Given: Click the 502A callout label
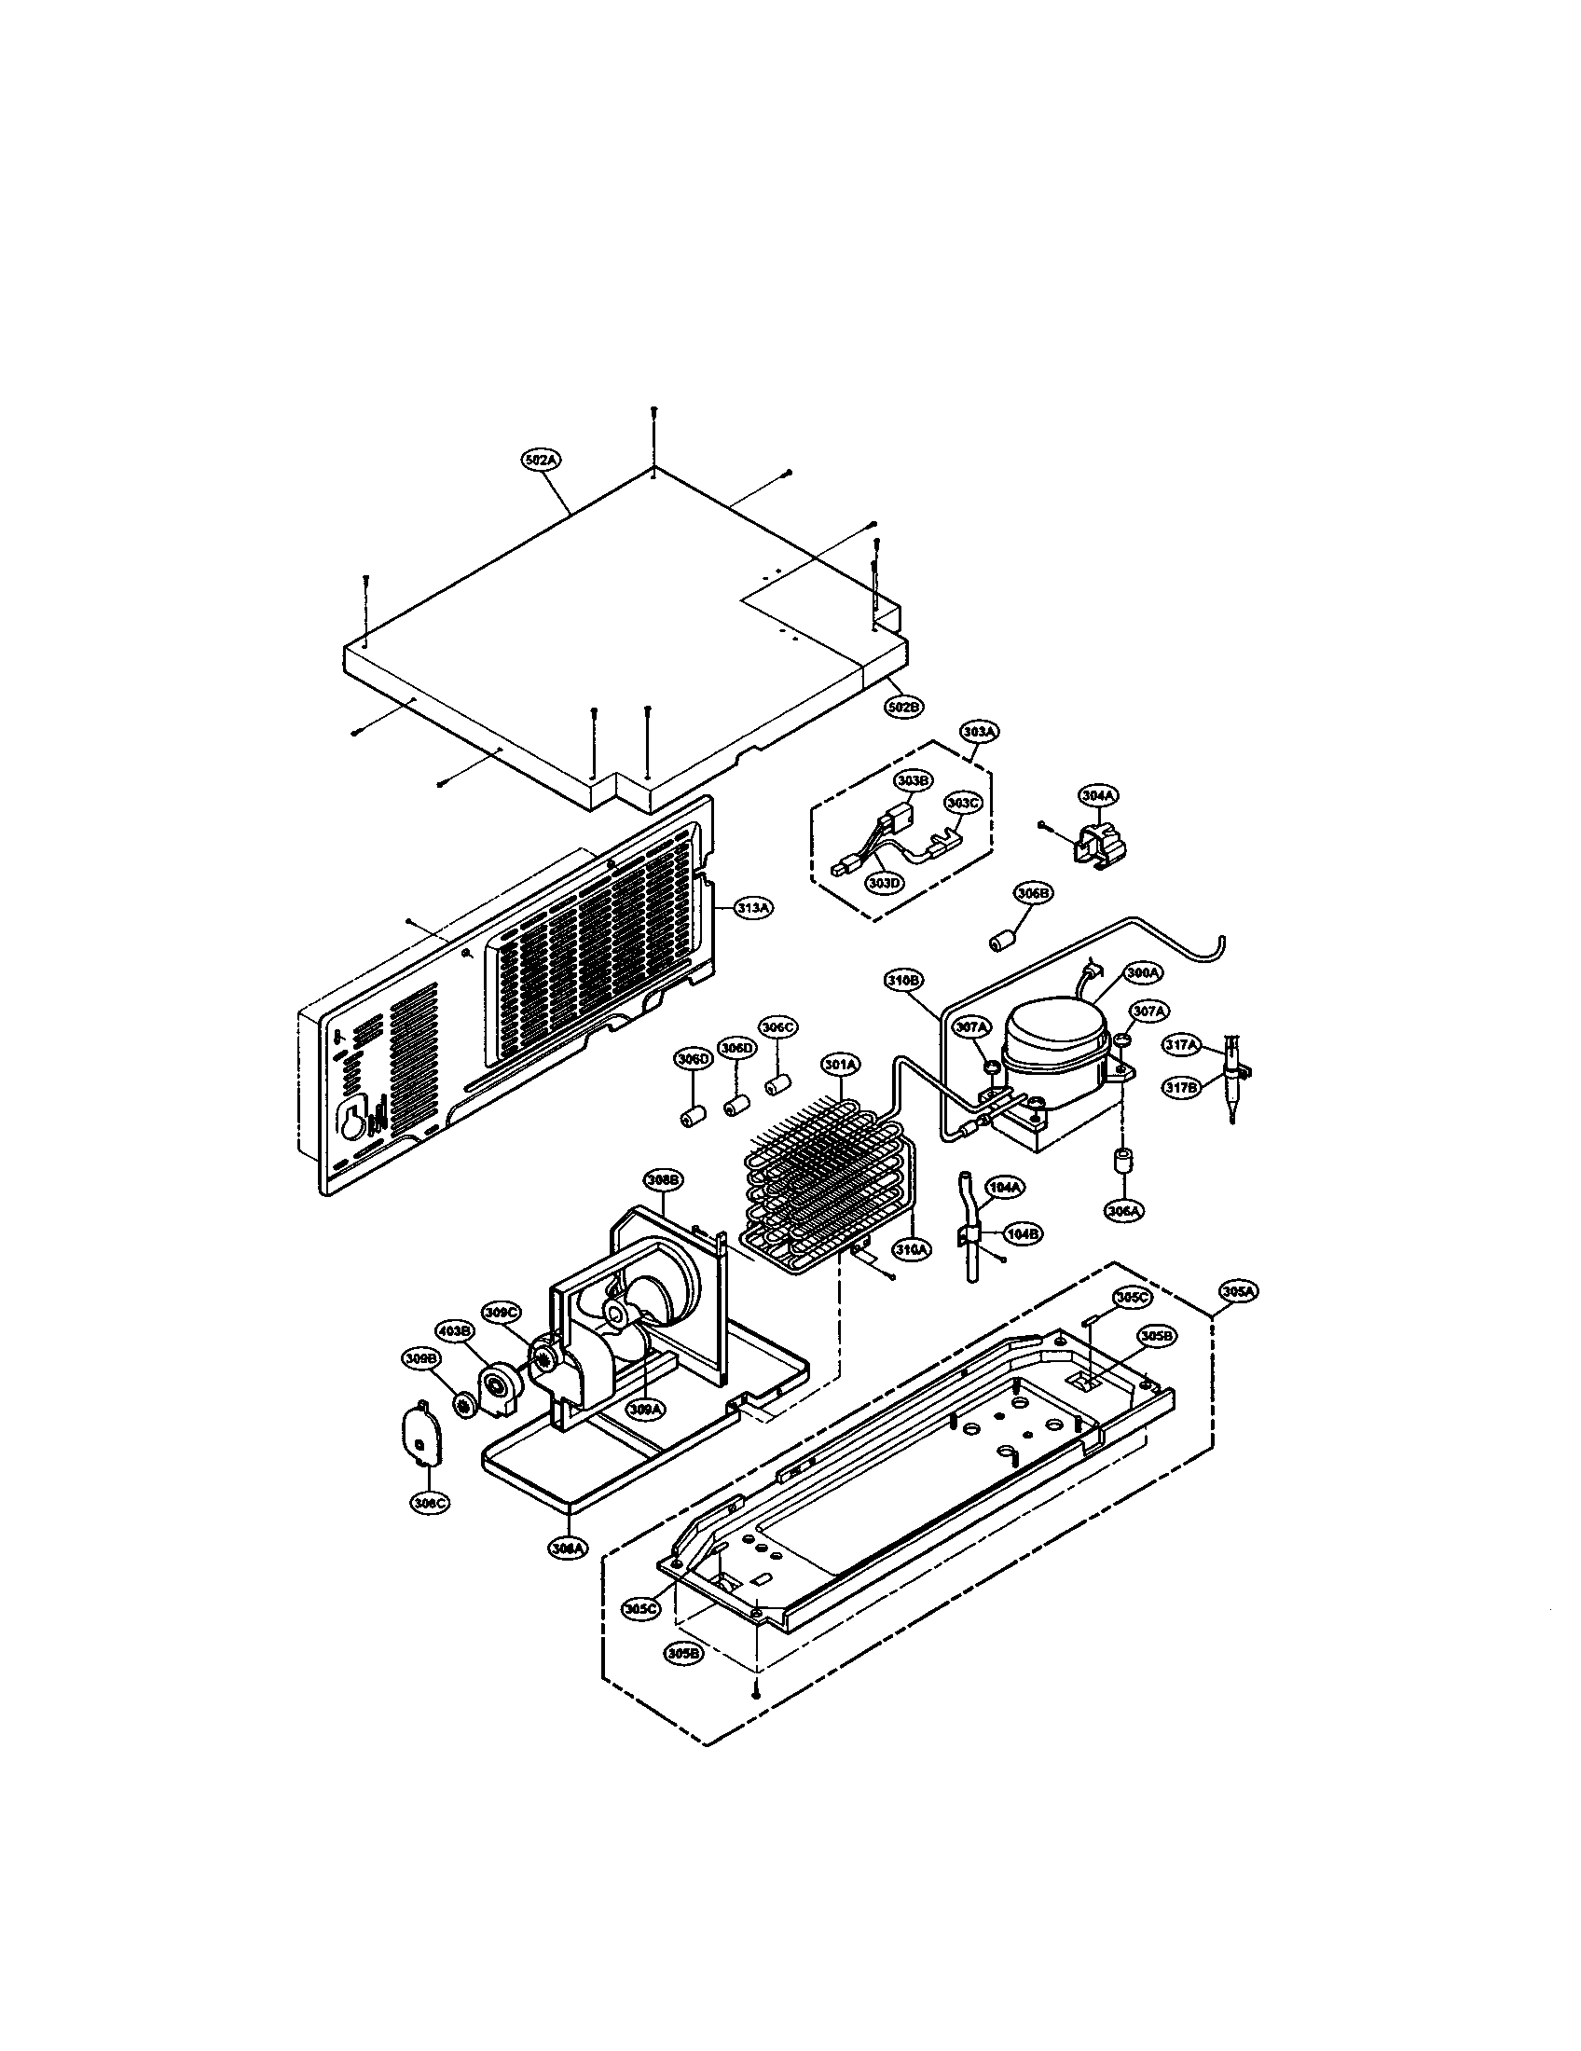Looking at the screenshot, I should tap(541, 461).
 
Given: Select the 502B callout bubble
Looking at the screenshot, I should tap(904, 706).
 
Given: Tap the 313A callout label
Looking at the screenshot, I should tap(754, 908).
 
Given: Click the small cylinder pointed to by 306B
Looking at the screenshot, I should tap(1003, 940).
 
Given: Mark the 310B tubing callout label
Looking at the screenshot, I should tap(905, 981).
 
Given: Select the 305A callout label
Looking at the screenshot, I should tap(1239, 1292).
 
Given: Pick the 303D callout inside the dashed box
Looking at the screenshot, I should tap(883, 885).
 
